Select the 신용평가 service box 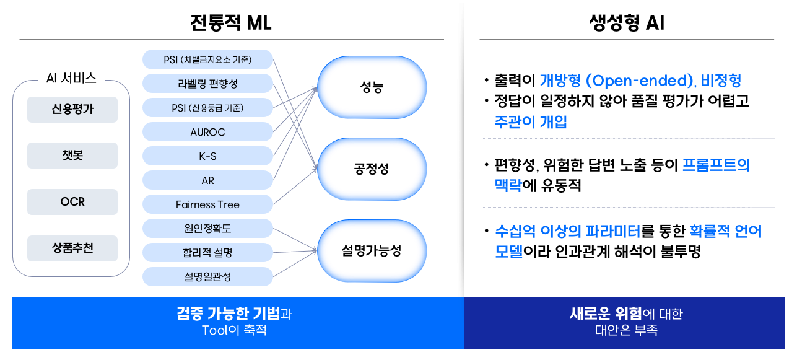coord(72,110)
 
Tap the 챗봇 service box coord(72,156)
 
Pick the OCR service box coord(72,202)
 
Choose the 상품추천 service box coord(72,248)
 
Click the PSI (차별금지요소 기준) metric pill coord(207,59)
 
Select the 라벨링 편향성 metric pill coord(207,84)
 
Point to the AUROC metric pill coord(207,132)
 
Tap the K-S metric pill coord(207,156)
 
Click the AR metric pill coord(207,180)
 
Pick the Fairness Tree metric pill coord(207,204)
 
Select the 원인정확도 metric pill coord(207,229)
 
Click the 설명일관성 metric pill coord(207,277)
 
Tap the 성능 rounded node coord(372,87)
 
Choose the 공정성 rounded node coord(372,169)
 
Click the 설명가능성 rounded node coord(372,251)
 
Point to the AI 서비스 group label coord(71,78)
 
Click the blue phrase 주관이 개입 coord(530,122)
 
